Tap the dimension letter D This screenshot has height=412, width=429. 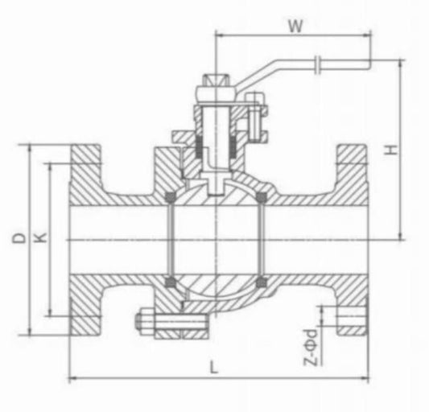pos(17,239)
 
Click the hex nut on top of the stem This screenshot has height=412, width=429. pos(215,84)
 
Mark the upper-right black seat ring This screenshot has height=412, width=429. pos(260,197)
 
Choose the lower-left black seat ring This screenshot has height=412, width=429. pos(170,281)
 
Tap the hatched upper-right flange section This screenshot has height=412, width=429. pos(352,173)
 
